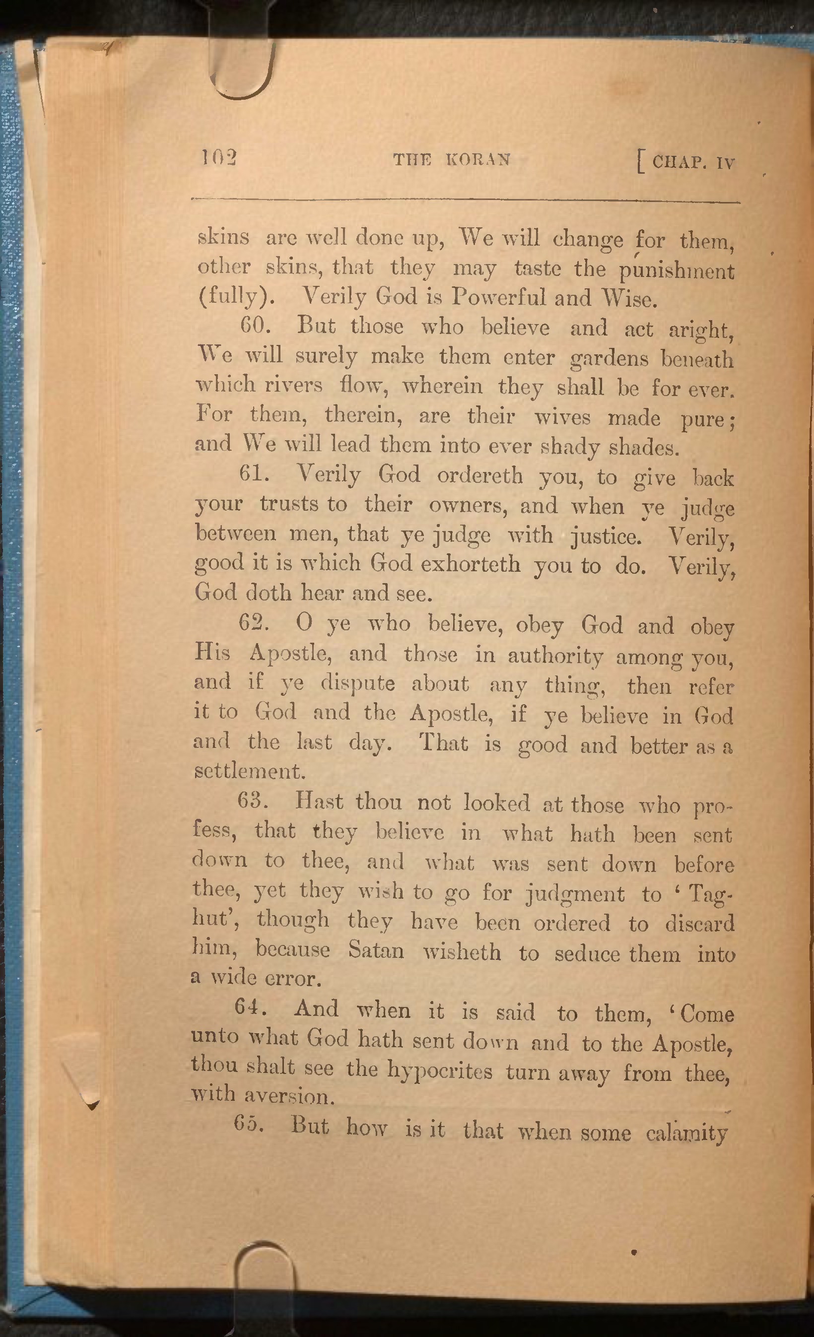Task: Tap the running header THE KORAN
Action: [452, 159]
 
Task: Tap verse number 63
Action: [252, 801]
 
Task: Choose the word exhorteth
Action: [471, 564]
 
